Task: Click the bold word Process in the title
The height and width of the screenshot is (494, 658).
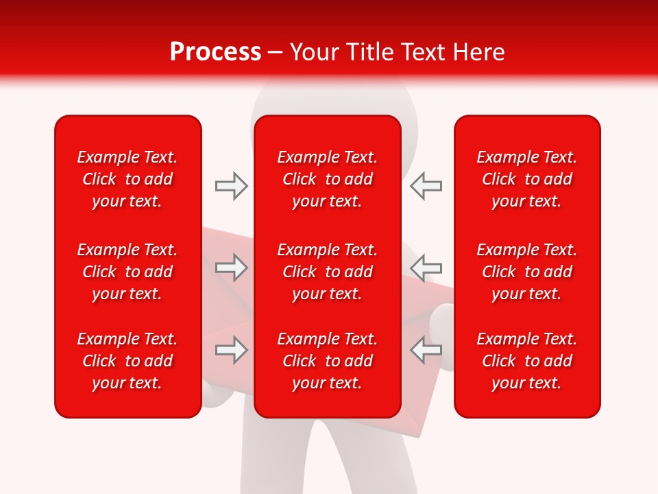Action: (x=215, y=52)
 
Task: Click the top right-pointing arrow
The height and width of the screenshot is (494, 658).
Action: (x=232, y=186)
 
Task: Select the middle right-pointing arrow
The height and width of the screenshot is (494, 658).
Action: (x=232, y=268)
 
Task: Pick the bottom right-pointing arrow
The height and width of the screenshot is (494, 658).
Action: (x=232, y=350)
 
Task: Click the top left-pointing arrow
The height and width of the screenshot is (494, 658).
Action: (x=426, y=186)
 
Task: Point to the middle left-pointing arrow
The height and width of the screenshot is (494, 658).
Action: (x=426, y=268)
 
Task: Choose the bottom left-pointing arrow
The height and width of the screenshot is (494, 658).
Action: (x=426, y=350)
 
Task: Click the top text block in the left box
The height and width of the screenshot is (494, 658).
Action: (x=127, y=179)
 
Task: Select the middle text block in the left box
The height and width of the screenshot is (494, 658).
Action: (x=127, y=272)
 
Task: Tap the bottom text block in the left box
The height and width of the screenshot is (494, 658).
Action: (x=127, y=361)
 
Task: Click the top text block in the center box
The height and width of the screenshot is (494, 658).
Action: (x=327, y=179)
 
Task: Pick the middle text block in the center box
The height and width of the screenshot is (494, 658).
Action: (x=327, y=272)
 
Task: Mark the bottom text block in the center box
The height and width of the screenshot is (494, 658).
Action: (x=327, y=361)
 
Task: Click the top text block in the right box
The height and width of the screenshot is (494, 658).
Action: (x=526, y=179)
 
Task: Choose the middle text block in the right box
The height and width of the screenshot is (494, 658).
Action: (x=526, y=272)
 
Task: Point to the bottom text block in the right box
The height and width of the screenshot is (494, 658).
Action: (x=526, y=361)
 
